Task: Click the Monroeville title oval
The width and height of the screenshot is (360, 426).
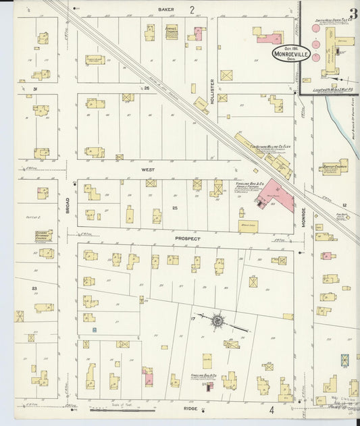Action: pyautogui.click(x=291, y=53)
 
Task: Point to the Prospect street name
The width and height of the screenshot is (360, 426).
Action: pyautogui.click(x=188, y=239)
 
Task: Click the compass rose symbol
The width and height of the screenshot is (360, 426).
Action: pyautogui.click(x=218, y=321)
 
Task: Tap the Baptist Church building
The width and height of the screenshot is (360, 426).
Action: pyautogui.click(x=334, y=166)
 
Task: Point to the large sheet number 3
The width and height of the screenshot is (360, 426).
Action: pyautogui.click(x=353, y=12)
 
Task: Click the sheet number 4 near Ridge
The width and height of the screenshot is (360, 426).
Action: pyautogui.click(x=272, y=410)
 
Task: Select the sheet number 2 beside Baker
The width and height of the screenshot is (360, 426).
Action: pyautogui.click(x=192, y=9)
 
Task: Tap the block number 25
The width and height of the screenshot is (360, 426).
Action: pyautogui.click(x=174, y=207)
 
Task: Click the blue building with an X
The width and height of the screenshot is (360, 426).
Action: pyautogui.click(x=345, y=359)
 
